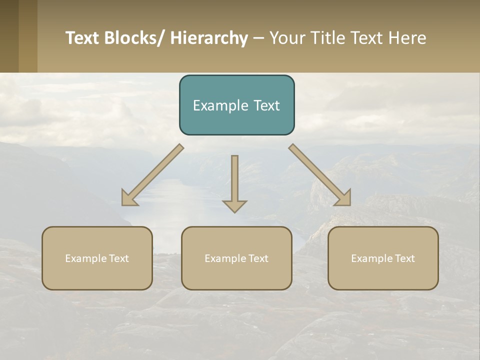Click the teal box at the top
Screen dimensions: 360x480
236,105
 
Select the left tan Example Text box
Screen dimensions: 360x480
97,258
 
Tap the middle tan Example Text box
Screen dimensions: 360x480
236,258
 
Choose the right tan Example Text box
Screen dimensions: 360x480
383,258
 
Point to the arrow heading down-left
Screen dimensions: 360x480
152,175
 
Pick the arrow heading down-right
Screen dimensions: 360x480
320,175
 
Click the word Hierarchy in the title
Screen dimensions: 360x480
209,38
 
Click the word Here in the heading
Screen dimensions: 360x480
407,38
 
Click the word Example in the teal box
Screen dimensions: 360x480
216,105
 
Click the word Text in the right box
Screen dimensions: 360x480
405,258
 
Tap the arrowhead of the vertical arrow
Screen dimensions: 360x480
234,205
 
